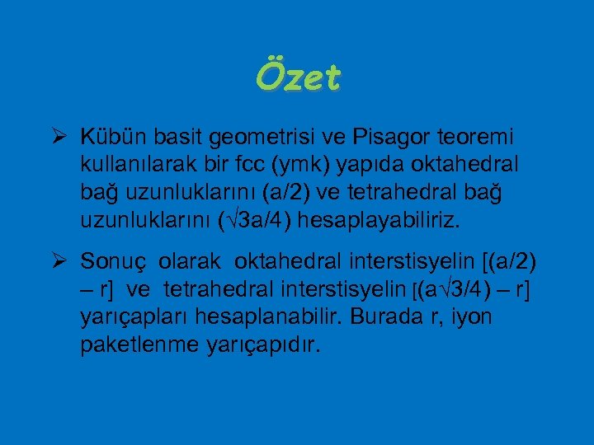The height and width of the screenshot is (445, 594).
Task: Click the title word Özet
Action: pos(297,79)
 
